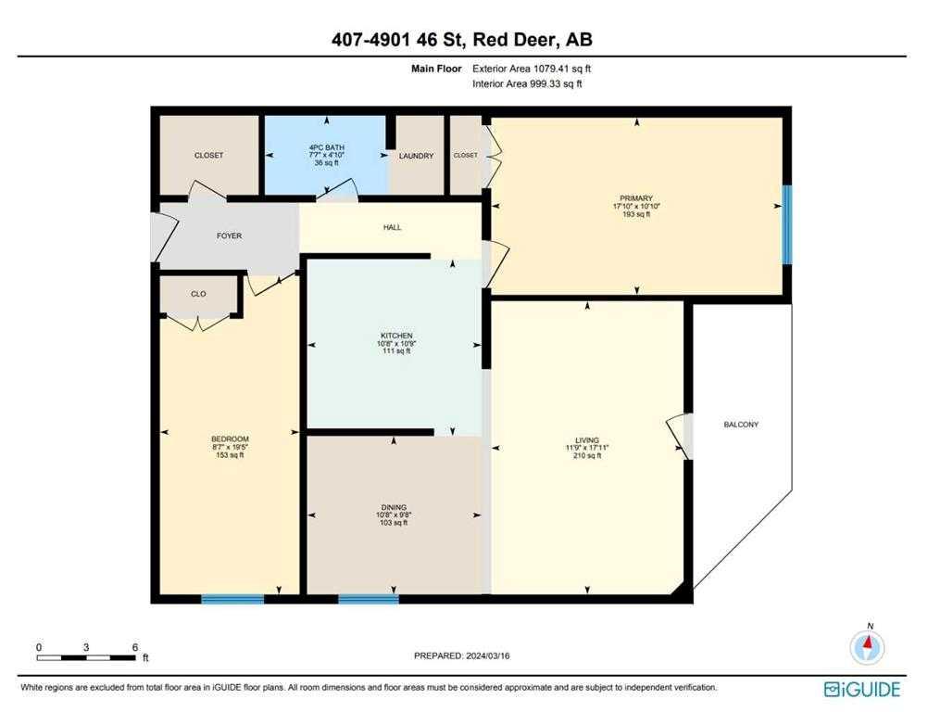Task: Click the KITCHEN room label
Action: (x=396, y=336)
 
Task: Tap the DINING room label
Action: (x=394, y=508)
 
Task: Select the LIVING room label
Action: (x=587, y=440)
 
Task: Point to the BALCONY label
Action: (x=741, y=425)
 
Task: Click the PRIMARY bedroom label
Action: (x=636, y=198)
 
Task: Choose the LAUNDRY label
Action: (x=416, y=156)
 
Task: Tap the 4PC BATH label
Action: (x=327, y=147)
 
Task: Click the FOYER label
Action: (x=229, y=235)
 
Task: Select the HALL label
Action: (x=393, y=227)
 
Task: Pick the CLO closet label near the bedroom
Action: (x=198, y=295)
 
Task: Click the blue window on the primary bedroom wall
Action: (x=787, y=224)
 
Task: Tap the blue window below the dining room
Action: (x=369, y=599)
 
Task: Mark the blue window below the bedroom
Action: (x=232, y=599)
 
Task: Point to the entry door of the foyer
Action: (x=166, y=237)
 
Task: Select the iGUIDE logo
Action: (x=862, y=690)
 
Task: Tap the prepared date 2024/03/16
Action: (x=488, y=655)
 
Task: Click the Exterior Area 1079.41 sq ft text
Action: (x=532, y=69)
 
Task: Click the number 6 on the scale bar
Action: (x=135, y=647)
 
